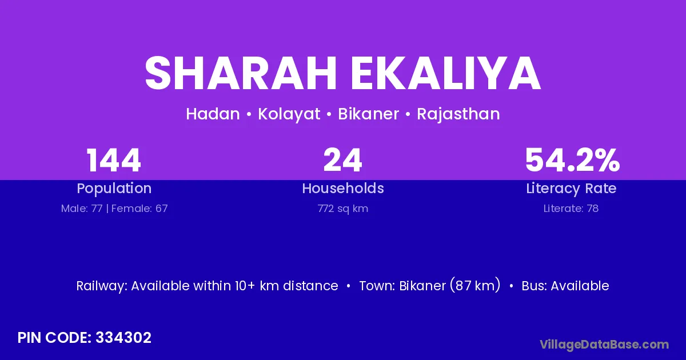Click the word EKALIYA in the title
[446, 73]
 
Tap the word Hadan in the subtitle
[213, 114]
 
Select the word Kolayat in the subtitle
[289, 114]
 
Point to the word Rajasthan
[458, 114]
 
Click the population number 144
[114, 160]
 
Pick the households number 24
[342, 160]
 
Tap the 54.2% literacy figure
[572, 160]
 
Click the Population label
[114, 189]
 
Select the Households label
[343, 188]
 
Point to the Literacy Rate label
[571, 189]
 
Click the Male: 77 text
[82, 209]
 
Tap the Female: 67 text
[139, 209]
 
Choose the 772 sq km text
[343, 209]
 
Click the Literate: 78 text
[571, 209]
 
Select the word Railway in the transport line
[102, 286]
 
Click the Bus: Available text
[565, 286]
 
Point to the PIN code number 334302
[123, 338]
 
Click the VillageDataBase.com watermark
[605, 345]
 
